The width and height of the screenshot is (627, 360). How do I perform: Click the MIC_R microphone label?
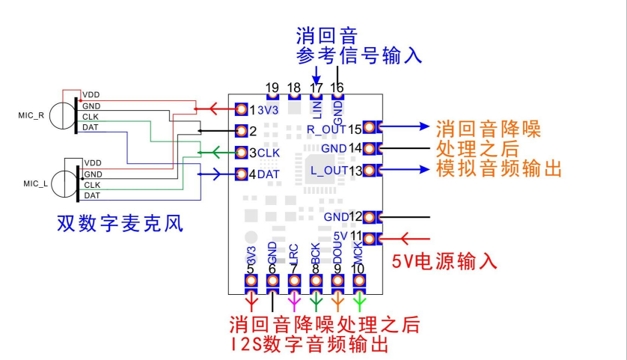coord(31,115)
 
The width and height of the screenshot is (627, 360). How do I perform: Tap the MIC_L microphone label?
coord(36,184)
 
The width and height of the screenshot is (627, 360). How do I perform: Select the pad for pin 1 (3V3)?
coord(241,109)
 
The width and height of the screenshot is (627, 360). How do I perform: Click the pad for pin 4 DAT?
coord(241,174)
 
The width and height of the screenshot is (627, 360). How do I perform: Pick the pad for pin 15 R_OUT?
coord(370,127)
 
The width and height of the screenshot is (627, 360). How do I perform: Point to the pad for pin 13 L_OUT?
coord(370,170)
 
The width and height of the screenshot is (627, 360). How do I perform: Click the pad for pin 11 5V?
coord(370,239)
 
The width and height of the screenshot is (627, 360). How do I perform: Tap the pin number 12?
coord(355,217)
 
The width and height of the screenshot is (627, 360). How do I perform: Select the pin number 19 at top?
coord(272,88)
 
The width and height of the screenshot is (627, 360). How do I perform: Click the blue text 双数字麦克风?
coord(120,223)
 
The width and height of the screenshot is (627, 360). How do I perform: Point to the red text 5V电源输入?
coord(444,262)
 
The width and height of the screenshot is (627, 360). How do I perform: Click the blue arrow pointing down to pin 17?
coord(316,76)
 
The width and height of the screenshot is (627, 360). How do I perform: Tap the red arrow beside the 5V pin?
coord(415,239)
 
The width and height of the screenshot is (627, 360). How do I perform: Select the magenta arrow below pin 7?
coord(294,302)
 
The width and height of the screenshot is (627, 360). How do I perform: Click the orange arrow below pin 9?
coord(337,302)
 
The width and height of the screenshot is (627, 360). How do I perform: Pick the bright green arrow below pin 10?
coord(359,302)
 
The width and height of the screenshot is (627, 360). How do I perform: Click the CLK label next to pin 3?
coord(269,153)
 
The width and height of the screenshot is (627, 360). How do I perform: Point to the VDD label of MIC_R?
coord(91,95)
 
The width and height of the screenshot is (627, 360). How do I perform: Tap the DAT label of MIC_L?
coord(92,195)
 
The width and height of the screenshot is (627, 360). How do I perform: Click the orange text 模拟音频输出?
coord(499,168)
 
